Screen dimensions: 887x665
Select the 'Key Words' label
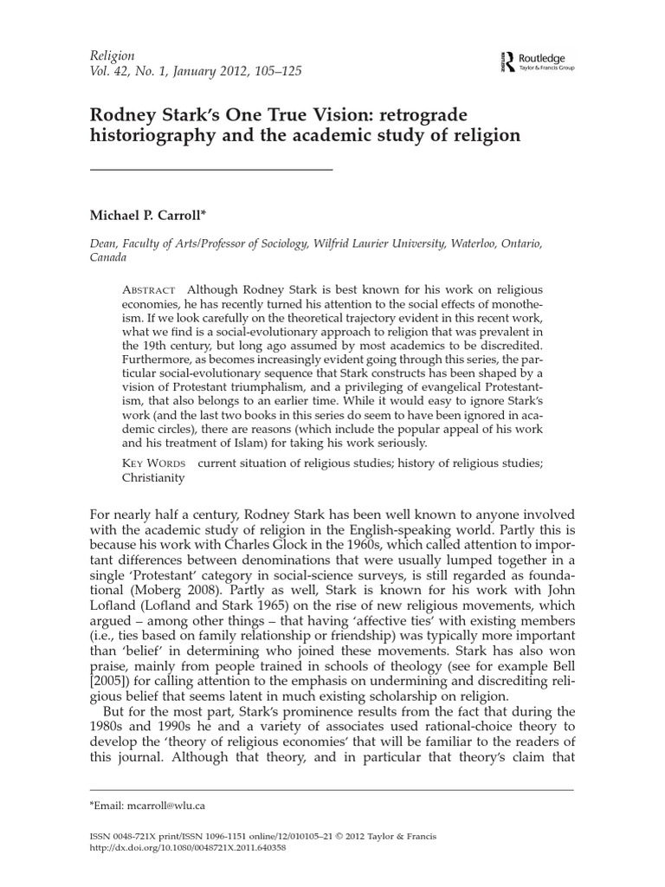click(x=155, y=463)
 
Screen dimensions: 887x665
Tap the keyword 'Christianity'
click(x=157, y=479)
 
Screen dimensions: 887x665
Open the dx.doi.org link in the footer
click(x=188, y=847)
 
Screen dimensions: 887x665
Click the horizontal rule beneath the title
click(x=211, y=168)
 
